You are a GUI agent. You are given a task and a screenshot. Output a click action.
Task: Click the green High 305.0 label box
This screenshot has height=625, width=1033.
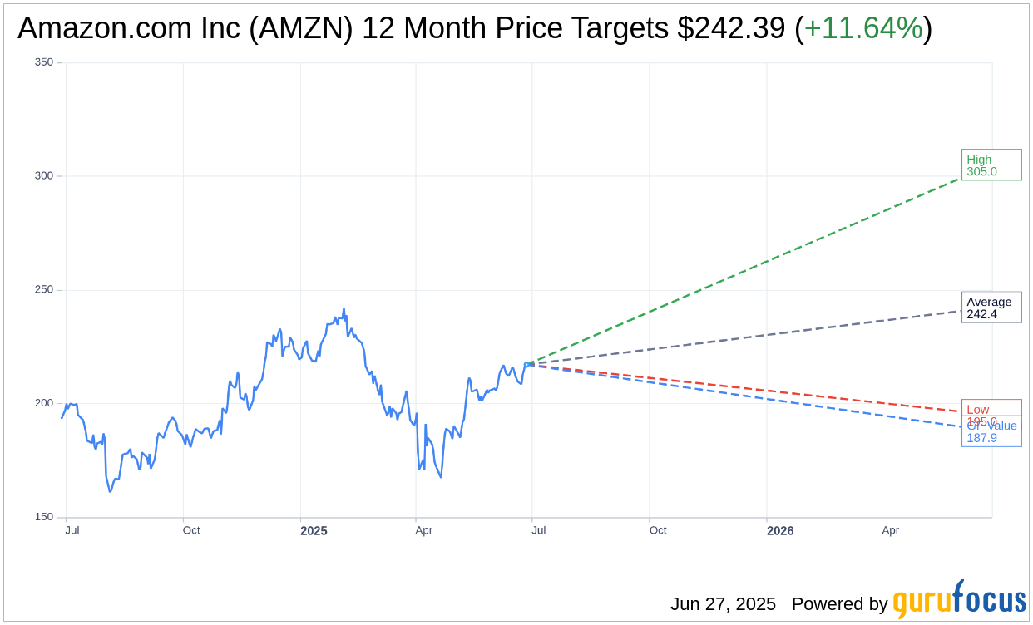click(x=991, y=165)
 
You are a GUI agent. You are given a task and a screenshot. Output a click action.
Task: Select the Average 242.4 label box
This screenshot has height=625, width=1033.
click(x=991, y=308)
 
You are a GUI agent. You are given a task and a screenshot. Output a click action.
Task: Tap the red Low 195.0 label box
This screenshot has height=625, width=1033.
click(x=991, y=409)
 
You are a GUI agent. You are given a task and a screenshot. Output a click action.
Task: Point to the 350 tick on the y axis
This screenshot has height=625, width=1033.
click(x=44, y=62)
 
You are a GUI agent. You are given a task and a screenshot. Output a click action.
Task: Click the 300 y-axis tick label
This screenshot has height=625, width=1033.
click(x=44, y=176)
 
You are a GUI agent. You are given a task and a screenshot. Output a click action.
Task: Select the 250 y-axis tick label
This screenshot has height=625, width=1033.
click(x=44, y=290)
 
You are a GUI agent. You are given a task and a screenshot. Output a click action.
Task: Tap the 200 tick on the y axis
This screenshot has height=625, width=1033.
click(x=44, y=403)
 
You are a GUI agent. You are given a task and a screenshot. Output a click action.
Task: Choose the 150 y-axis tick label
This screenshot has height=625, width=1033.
click(x=44, y=517)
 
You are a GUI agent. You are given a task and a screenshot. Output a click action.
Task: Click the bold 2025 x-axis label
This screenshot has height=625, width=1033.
click(x=314, y=531)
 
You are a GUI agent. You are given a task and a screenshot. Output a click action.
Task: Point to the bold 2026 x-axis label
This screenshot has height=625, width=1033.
click(x=780, y=531)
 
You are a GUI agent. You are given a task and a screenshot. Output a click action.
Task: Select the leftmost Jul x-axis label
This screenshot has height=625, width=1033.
click(x=72, y=530)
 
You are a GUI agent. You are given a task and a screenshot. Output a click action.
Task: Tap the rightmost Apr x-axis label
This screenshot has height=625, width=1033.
click(x=890, y=530)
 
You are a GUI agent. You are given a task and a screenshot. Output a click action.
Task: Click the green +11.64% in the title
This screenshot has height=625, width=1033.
click(x=863, y=29)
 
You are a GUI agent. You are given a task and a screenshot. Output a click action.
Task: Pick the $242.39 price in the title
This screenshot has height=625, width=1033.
click(x=731, y=29)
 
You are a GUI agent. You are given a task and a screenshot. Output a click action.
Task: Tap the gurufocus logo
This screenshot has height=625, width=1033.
click(x=959, y=600)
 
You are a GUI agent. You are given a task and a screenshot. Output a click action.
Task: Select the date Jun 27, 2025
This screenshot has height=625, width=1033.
click(x=723, y=604)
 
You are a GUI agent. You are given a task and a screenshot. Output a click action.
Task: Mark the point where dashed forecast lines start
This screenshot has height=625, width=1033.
click(x=527, y=364)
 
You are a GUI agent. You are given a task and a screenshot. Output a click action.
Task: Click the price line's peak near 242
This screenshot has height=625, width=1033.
click(x=344, y=309)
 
